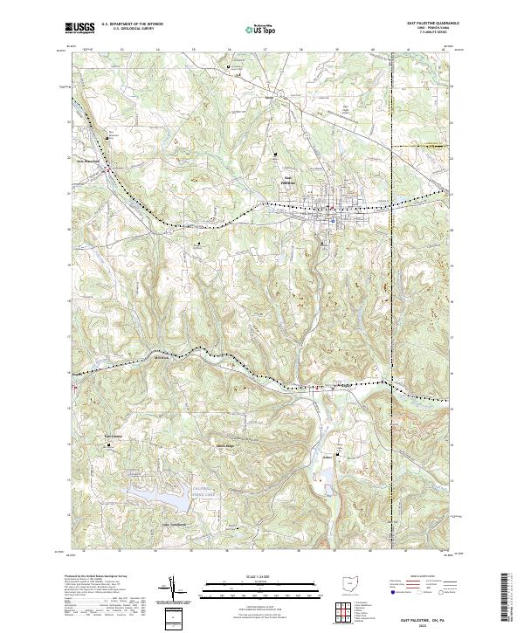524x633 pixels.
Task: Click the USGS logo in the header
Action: tap(79, 28)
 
